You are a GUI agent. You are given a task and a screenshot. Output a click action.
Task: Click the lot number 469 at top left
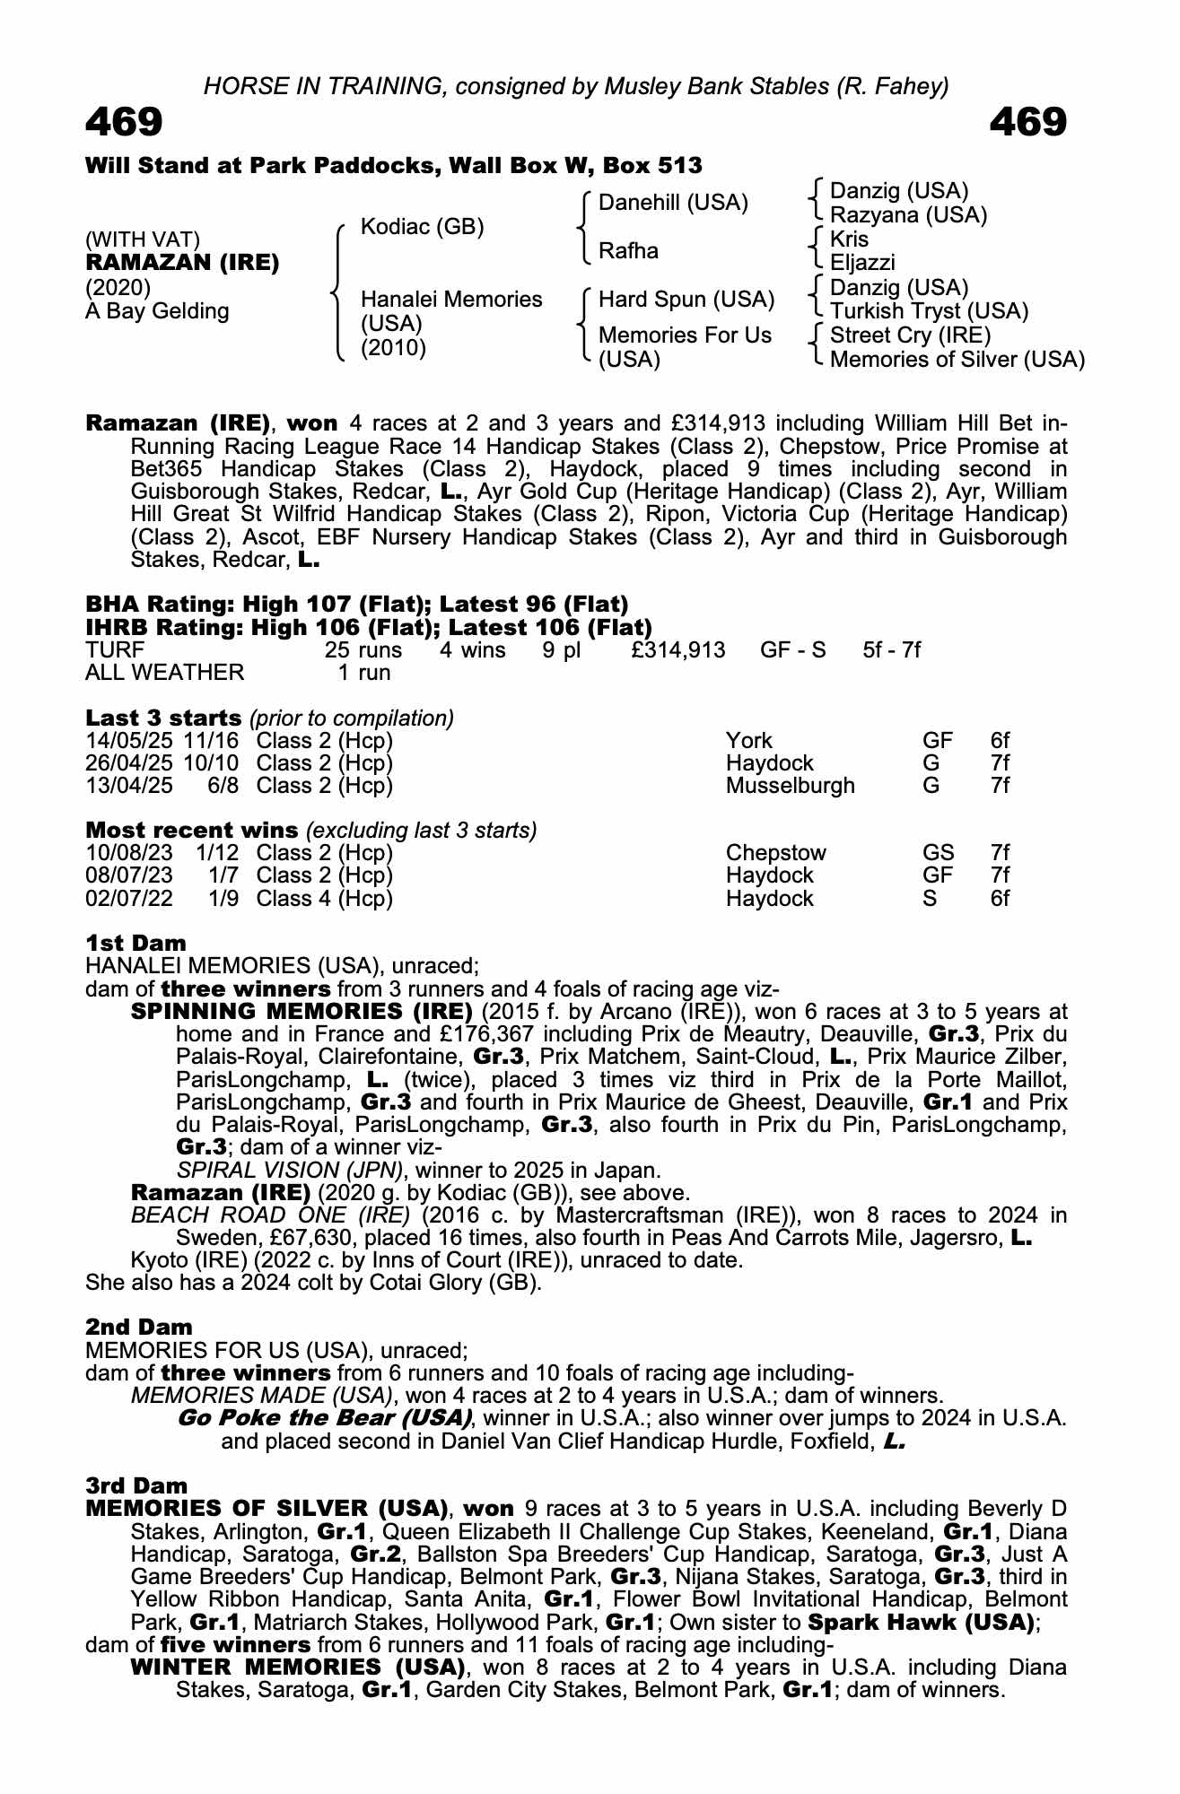point(124,123)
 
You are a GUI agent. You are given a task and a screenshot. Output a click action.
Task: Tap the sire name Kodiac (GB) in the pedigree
point(422,227)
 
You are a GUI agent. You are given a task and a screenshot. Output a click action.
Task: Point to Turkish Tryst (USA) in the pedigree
point(929,311)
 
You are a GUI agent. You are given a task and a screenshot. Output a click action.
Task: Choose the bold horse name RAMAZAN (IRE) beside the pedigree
point(182,263)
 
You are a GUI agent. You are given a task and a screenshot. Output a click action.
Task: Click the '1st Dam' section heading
point(135,943)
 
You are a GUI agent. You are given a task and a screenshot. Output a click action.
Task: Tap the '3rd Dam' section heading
point(136,1485)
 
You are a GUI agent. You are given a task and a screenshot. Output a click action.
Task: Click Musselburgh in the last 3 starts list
point(790,786)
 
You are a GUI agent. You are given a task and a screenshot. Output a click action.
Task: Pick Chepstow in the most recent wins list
point(775,852)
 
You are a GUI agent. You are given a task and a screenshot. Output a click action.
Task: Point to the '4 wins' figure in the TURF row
point(472,649)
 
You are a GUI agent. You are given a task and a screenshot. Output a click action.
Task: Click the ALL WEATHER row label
point(164,672)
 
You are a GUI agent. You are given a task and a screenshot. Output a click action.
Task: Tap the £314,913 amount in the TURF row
point(677,649)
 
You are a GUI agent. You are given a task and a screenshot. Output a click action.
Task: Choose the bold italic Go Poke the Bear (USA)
point(325,1418)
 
